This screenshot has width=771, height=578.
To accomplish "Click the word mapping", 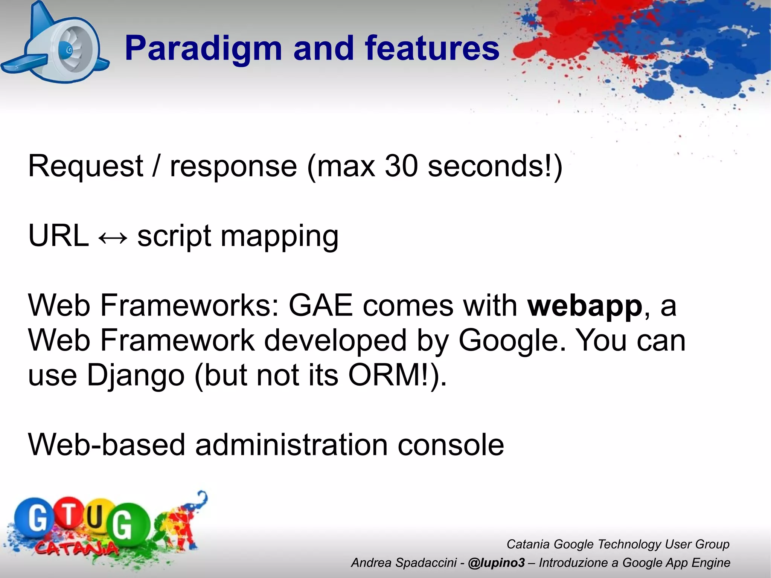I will point(279,236).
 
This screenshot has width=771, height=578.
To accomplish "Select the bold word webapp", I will point(585,306).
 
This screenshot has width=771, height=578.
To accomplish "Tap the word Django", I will point(136,375).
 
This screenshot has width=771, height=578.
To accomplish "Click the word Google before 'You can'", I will point(512,341).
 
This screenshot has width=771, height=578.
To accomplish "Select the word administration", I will point(291,445).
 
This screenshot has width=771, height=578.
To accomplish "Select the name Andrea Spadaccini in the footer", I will point(404,563).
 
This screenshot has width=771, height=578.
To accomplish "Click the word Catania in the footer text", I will point(528,544).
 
